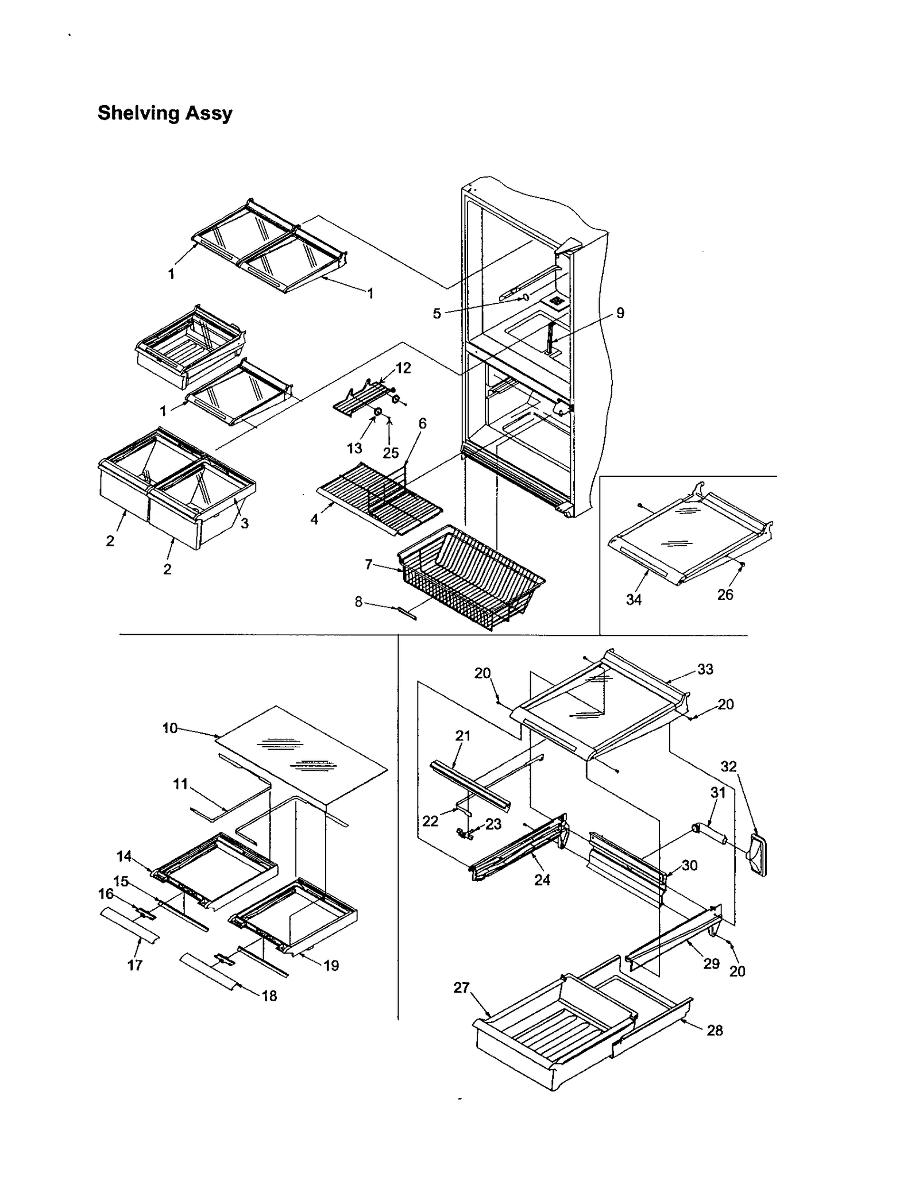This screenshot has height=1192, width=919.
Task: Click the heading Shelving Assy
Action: [165, 113]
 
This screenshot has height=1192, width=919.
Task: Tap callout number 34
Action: [634, 600]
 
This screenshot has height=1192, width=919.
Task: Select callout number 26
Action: [725, 595]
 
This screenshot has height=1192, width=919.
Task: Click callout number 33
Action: [705, 669]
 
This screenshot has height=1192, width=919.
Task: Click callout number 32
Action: [728, 767]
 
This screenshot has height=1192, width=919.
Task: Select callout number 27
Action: [461, 988]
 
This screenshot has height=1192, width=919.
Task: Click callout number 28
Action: [715, 1031]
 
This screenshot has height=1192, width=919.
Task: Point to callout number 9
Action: [620, 313]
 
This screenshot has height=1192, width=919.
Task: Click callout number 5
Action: [437, 314]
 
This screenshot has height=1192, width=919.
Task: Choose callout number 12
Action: [403, 368]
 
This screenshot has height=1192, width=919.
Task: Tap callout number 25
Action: [391, 453]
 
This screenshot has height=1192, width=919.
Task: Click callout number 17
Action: [135, 965]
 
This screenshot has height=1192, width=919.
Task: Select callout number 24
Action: [542, 879]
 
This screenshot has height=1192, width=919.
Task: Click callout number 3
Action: [245, 523]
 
